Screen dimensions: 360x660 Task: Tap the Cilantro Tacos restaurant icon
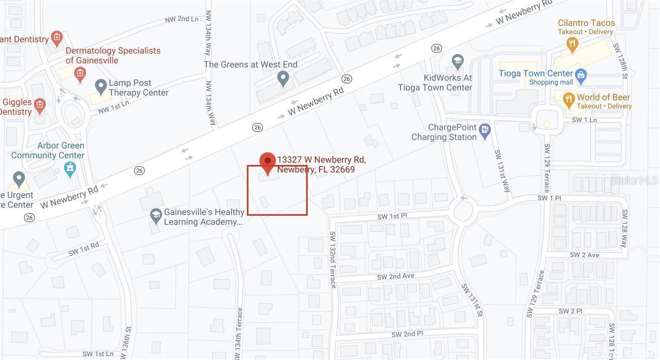[x=572, y=45]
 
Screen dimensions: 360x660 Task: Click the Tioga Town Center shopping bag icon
[x=581, y=76]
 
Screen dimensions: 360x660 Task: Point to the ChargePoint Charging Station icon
[x=485, y=130]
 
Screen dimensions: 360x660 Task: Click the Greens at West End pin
[x=283, y=78]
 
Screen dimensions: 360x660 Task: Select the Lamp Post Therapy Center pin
[x=101, y=86]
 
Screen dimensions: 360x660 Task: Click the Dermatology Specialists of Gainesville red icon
[x=80, y=74]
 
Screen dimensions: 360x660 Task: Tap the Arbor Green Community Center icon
[x=70, y=168]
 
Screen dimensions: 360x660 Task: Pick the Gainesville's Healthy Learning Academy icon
[x=156, y=216]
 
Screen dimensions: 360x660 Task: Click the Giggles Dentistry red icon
[x=40, y=106]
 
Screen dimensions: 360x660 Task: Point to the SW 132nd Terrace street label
[x=333, y=259]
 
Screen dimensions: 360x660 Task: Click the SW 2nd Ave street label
[x=395, y=276]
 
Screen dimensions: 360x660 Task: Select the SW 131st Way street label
[x=502, y=171]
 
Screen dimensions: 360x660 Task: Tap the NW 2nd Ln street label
[x=181, y=19]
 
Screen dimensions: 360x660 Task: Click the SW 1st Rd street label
[x=83, y=249]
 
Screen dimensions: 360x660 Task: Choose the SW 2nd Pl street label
[x=407, y=334]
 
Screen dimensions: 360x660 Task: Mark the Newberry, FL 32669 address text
[x=316, y=170]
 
